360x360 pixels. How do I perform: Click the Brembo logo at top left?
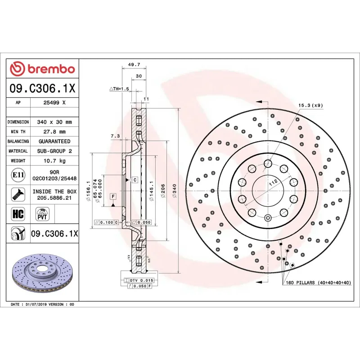[42, 69]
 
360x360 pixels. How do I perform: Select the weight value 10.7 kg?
[54, 161]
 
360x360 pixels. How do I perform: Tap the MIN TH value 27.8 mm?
[54, 132]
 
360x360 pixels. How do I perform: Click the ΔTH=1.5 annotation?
[119, 89]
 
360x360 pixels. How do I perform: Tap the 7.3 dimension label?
[115, 135]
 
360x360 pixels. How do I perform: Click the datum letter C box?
[134, 180]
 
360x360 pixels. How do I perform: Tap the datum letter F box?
[112, 196]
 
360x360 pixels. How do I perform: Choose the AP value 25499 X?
[54, 103]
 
